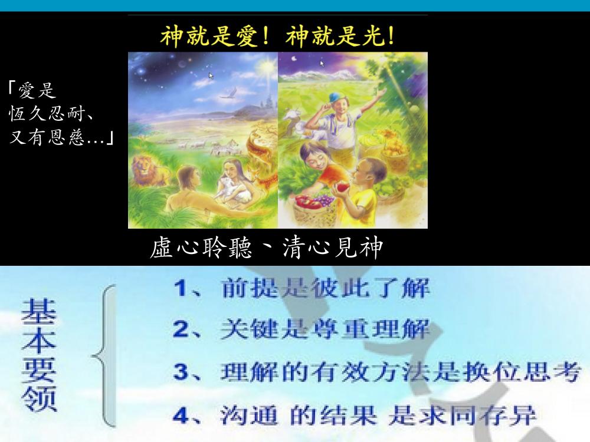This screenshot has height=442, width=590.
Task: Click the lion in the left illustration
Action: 148,170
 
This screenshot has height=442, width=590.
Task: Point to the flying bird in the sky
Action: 228,93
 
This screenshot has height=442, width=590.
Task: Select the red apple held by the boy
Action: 343,187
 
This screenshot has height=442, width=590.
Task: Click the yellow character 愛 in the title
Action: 247,36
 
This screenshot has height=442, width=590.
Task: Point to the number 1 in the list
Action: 180,288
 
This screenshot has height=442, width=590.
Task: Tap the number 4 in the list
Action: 181,416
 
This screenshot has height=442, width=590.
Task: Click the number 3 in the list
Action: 181,372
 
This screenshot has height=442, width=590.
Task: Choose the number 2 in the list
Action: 181,329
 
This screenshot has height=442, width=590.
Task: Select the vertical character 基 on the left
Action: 39,312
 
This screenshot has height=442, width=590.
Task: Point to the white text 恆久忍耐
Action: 47,113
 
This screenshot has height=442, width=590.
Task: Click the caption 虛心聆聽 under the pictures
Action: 201,248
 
